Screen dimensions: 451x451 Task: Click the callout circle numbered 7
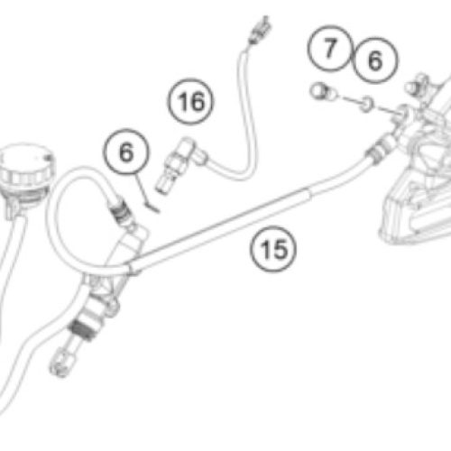click(330, 49)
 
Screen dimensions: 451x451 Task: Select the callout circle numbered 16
click(190, 101)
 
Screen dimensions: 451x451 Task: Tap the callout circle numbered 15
click(273, 249)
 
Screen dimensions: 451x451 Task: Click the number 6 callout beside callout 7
click(375, 60)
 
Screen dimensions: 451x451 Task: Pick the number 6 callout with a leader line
click(126, 152)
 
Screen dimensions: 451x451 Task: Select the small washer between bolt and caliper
click(366, 104)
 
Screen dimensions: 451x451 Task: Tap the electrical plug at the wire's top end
click(259, 30)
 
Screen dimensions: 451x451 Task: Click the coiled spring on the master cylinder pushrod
click(82, 329)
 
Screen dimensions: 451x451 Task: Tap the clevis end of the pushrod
click(60, 363)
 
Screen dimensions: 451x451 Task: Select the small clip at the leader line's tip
click(152, 207)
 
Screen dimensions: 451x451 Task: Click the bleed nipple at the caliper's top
click(418, 84)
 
